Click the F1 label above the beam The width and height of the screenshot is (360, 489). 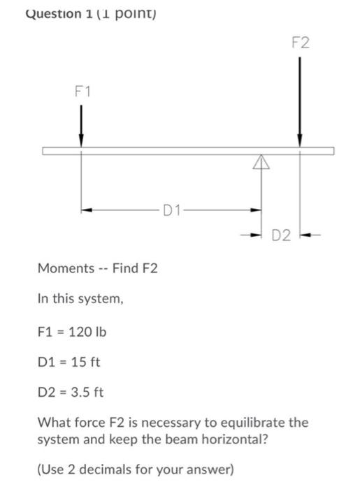pos(82,92)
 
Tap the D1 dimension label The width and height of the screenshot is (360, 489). pos(172,209)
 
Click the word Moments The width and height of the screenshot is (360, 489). pos(65,268)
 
